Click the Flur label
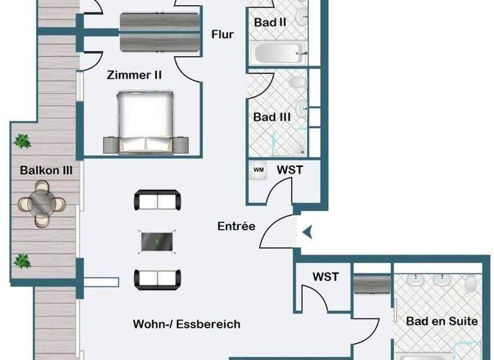coord(223,35)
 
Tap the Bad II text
coord(270,22)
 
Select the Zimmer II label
coord(134,75)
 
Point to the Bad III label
coord(272,118)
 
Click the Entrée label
coord(236,226)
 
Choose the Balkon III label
coord(46,171)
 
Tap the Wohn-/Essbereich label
coord(187,324)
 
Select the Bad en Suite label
coord(442,321)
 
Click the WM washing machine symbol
coord(259,170)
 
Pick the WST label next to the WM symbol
coord(289,170)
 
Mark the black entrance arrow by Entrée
coord(307,231)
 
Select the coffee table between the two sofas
coord(158,242)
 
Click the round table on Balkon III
coord(42,204)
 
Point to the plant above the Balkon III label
coord(23,140)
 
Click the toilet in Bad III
coord(297,82)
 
